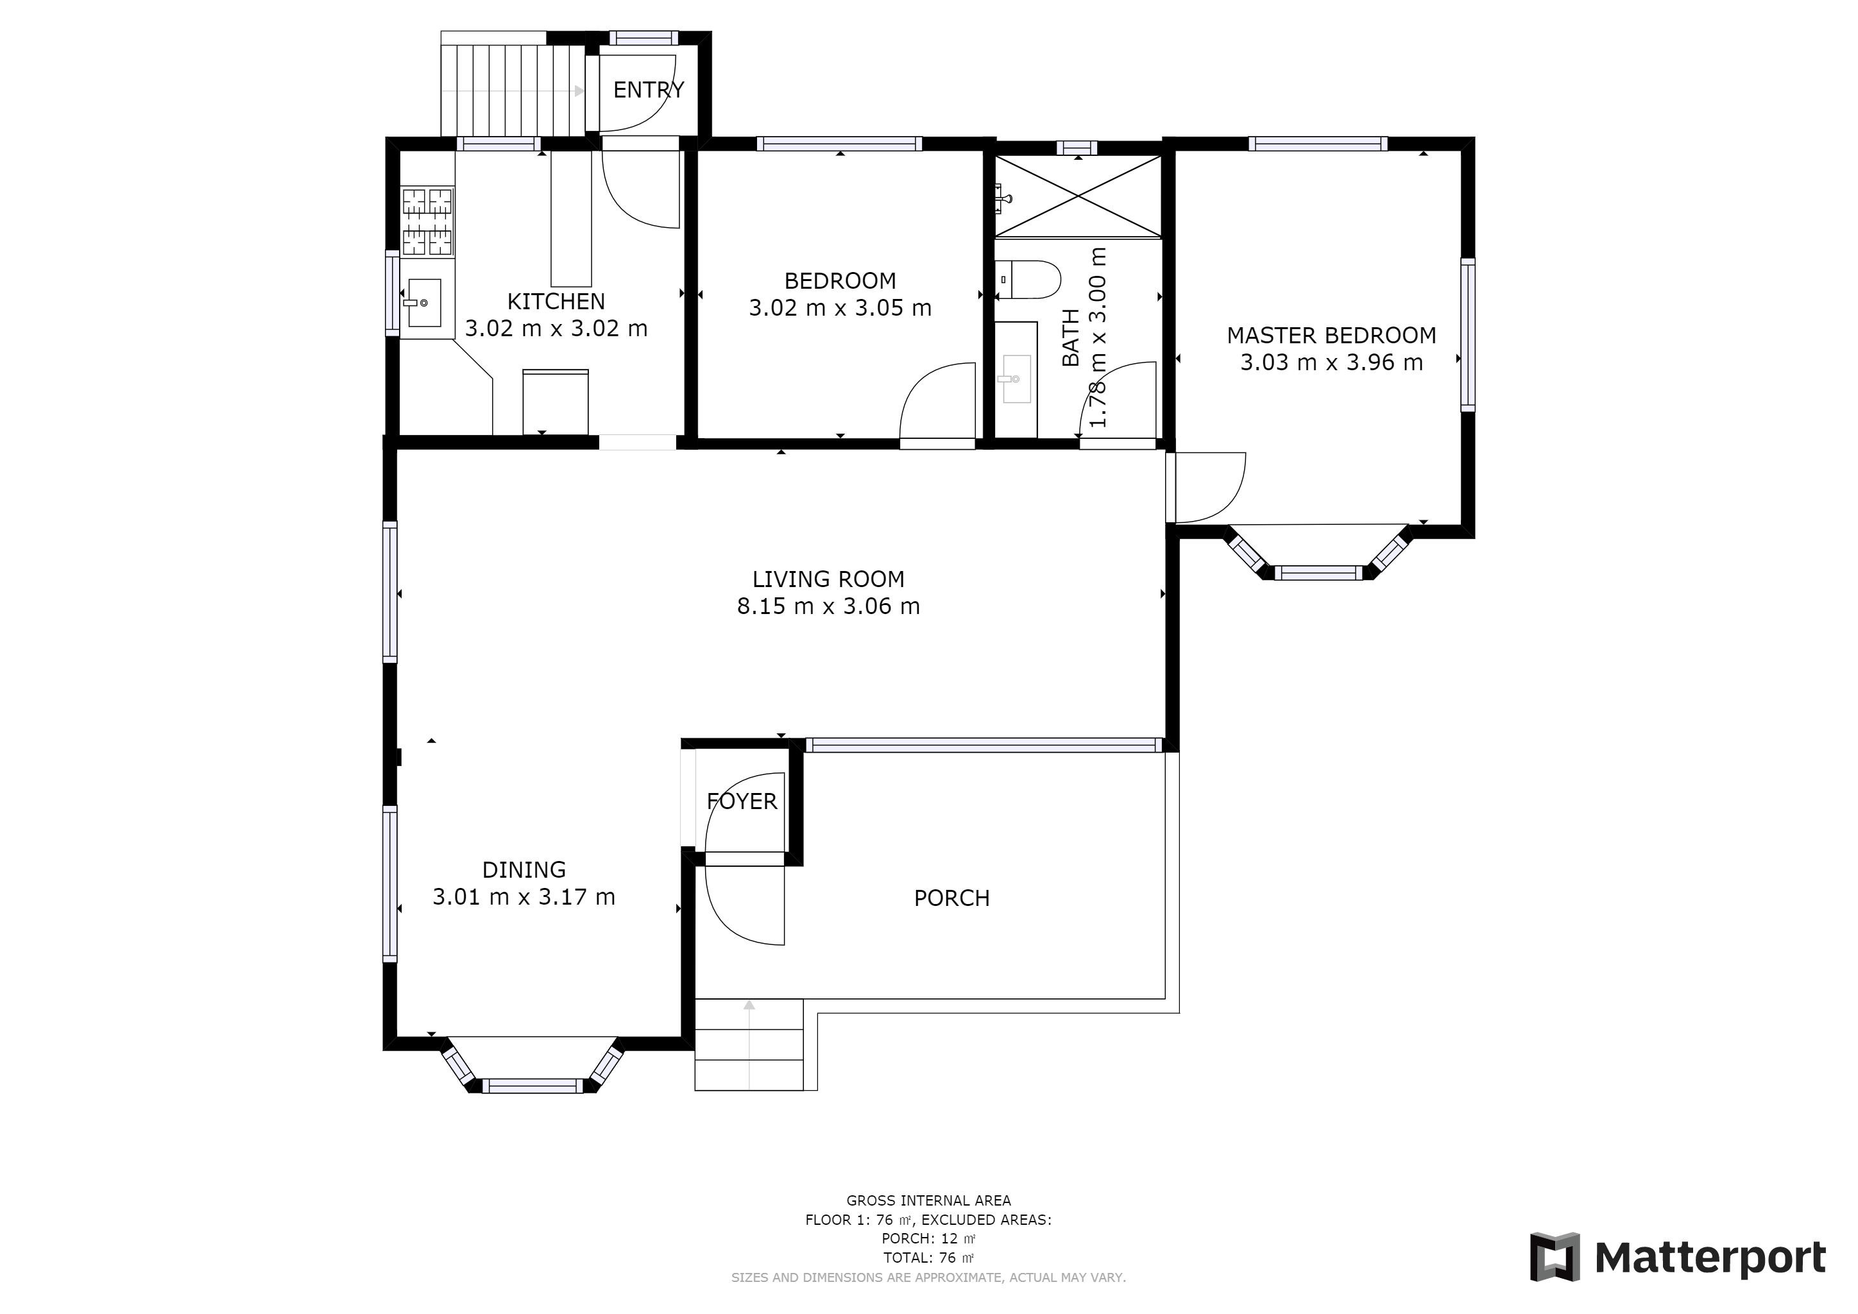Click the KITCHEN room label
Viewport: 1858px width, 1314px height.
click(x=556, y=301)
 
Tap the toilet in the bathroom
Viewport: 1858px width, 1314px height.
click(x=1028, y=279)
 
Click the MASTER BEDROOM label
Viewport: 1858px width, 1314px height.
click(x=1331, y=335)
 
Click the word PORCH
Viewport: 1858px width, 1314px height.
click(x=951, y=898)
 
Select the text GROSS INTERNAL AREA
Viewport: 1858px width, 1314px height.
click(x=928, y=1200)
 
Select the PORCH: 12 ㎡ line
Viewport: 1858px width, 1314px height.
click(x=928, y=1239)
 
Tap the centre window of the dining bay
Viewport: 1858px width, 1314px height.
click(x=533, y=1086)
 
